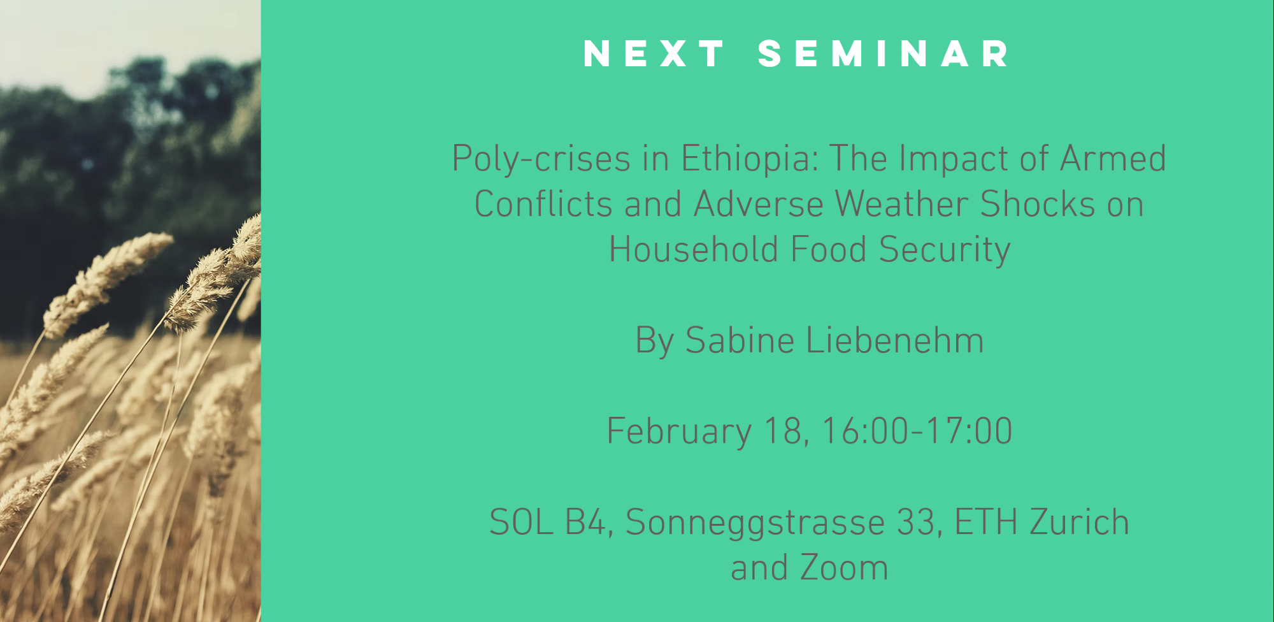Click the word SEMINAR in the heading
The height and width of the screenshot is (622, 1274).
coord(884,54)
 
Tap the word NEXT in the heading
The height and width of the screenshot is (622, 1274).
coord(654,54)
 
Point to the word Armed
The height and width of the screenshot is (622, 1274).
coord(1113,158)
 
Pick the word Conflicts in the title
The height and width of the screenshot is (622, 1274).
coord(543,204)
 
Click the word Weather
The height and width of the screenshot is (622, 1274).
coord(901,204)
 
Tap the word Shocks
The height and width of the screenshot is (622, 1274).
coord(1038,204)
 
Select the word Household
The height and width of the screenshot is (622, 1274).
coord(693,249)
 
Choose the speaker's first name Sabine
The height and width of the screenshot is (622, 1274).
coord(740,340)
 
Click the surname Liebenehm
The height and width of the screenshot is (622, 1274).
coord(895,340)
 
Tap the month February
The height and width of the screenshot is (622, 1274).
coord(679,432)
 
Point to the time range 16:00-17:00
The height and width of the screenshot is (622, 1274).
coord(917,431)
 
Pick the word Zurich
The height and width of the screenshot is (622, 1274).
coord(1079,523)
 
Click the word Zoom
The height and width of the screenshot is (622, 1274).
coord(844,568)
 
